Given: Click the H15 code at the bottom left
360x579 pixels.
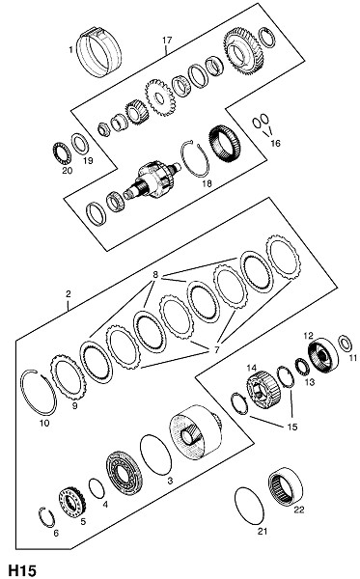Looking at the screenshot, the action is pyautogui.click(x=22, y=570).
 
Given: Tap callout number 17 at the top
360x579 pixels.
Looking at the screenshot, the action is pyautogui.click(x=167, y=40).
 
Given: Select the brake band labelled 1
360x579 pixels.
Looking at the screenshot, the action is pyautogui.click(x=98, y=52).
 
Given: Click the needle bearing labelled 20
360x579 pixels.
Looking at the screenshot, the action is pyautogui.click(x=61, y=153).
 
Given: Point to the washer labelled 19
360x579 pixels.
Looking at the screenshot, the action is pyautogui.click(x=79, y=144).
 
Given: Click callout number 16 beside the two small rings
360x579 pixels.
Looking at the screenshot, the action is pyautogui.click(x=275, y=143).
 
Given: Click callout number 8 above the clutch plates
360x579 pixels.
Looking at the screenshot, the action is pyautogui.click(x=155, y=275).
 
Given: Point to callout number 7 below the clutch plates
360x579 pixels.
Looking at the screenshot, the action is pyautogui.click(x=217, y=349).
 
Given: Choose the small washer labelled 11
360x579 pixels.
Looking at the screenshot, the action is pyautogui.click(x=346, y=344).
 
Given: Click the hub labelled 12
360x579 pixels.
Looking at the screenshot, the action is pyautogui.click(x=322, y=355).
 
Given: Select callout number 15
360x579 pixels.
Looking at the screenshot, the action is pyautogui.click(x=292, y=427).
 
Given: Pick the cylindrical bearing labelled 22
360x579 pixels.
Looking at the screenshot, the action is pyautogui.click(x=285, y=484).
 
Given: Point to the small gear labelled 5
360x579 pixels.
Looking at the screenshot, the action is pyautogui.click(x=72, y=502).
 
